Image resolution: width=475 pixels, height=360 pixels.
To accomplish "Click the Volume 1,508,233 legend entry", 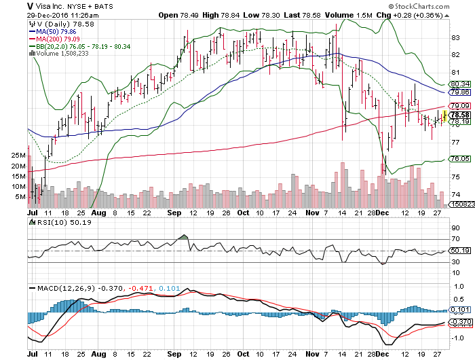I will (59, 53).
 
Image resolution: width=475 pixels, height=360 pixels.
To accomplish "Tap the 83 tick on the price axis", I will (457, 37).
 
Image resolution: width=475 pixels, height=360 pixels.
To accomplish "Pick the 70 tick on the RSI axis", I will (457, 239).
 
